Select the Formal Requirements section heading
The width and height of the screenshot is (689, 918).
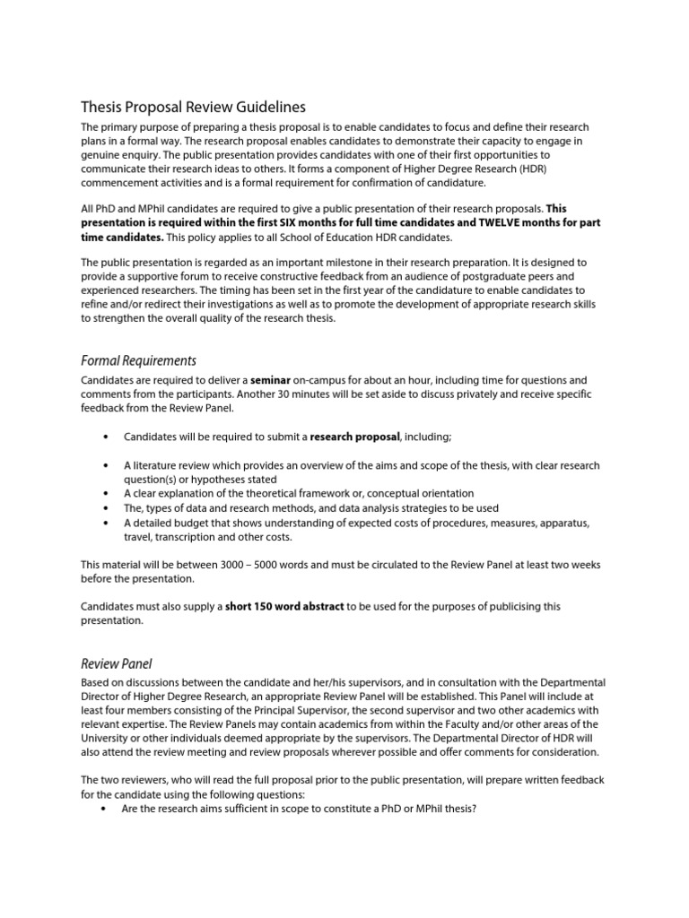coord(138,360)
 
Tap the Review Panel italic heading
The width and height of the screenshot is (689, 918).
coord(117,663)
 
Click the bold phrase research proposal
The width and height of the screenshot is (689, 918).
coord(355,437)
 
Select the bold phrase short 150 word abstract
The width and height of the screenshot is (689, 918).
coord(284,606)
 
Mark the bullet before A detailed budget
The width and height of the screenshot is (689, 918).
coord(107,523)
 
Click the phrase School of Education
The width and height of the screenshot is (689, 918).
coord(316,238)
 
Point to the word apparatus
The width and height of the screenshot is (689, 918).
coord(571,523)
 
